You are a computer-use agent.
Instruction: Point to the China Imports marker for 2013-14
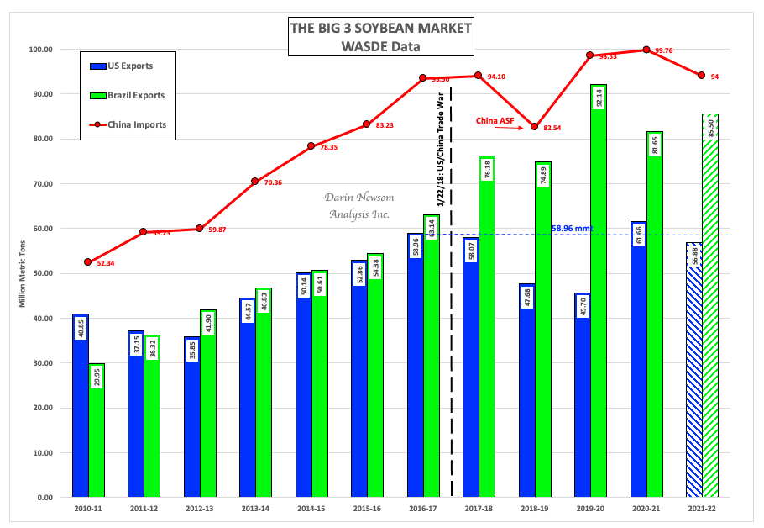(255, 182)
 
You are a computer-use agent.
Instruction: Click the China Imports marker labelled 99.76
(646, 50)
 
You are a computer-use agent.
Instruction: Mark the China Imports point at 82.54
(534, 127)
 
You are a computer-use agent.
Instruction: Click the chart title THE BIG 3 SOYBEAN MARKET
(380, 28)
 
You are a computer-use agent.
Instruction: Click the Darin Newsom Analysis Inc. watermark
(360, 205)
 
